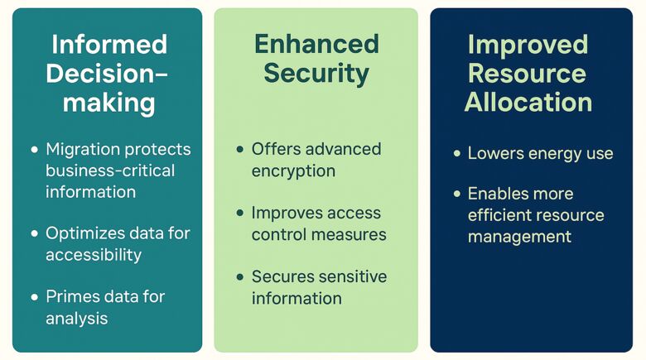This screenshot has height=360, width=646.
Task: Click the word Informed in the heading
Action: coord(108,44)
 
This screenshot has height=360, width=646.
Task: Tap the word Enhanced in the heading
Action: coord(316,44)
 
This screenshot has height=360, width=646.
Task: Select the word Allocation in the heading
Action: coord(528,102)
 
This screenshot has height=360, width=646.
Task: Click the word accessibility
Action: coord(94,255)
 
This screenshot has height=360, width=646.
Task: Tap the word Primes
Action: coord(71,297)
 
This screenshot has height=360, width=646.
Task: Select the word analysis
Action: coord(77,318)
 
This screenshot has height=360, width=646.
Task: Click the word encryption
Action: coord(293,170)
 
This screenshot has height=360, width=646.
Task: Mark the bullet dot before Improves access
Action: coord(240,214)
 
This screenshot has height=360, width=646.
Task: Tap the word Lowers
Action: coord(494,153)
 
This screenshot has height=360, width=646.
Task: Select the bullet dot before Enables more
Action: coord(456,194)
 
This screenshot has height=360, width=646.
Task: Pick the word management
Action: coord(519,237)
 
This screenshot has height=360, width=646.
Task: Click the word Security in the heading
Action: coord(316,73)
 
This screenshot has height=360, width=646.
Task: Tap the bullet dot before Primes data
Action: coord(35,297)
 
